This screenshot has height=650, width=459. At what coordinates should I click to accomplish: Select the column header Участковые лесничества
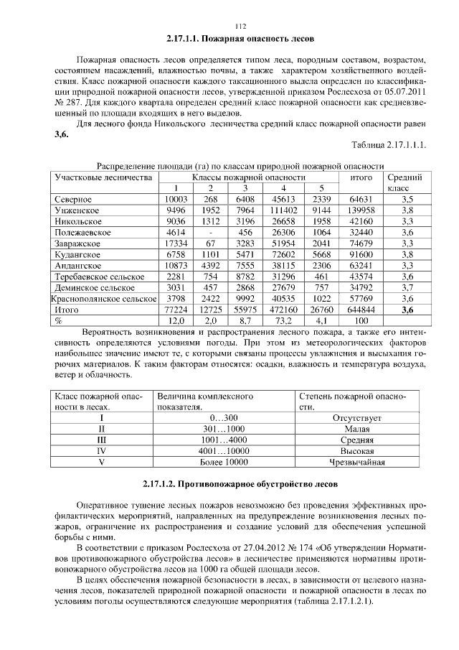pyautogui.click(x=103, y=177)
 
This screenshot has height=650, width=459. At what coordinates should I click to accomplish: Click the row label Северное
pyautogui.click(x=73, y=199)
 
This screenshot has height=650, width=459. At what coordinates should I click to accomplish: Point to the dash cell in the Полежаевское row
pyautogui.click(x=210, y=233)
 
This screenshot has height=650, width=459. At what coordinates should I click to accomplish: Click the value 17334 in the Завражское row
pyautogui.click(x=176, y=244)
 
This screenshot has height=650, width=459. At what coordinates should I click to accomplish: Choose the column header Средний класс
pyautogui.click(x=404, y=182)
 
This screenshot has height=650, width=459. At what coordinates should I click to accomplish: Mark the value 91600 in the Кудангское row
pyautogui.click(x=361, y=255)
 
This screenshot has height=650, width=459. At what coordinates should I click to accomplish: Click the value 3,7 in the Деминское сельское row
pyautogui.click(x=407, y=288)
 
